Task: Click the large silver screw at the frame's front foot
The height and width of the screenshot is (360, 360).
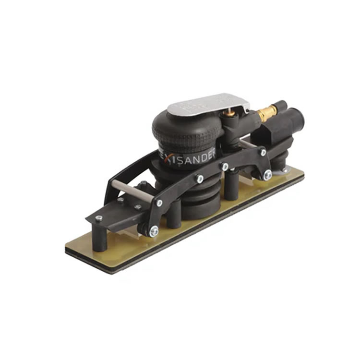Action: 154,231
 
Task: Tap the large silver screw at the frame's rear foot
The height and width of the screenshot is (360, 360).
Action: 267,175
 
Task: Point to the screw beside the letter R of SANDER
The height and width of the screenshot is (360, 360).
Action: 224,167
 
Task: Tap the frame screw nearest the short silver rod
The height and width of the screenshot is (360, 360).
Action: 263,152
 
